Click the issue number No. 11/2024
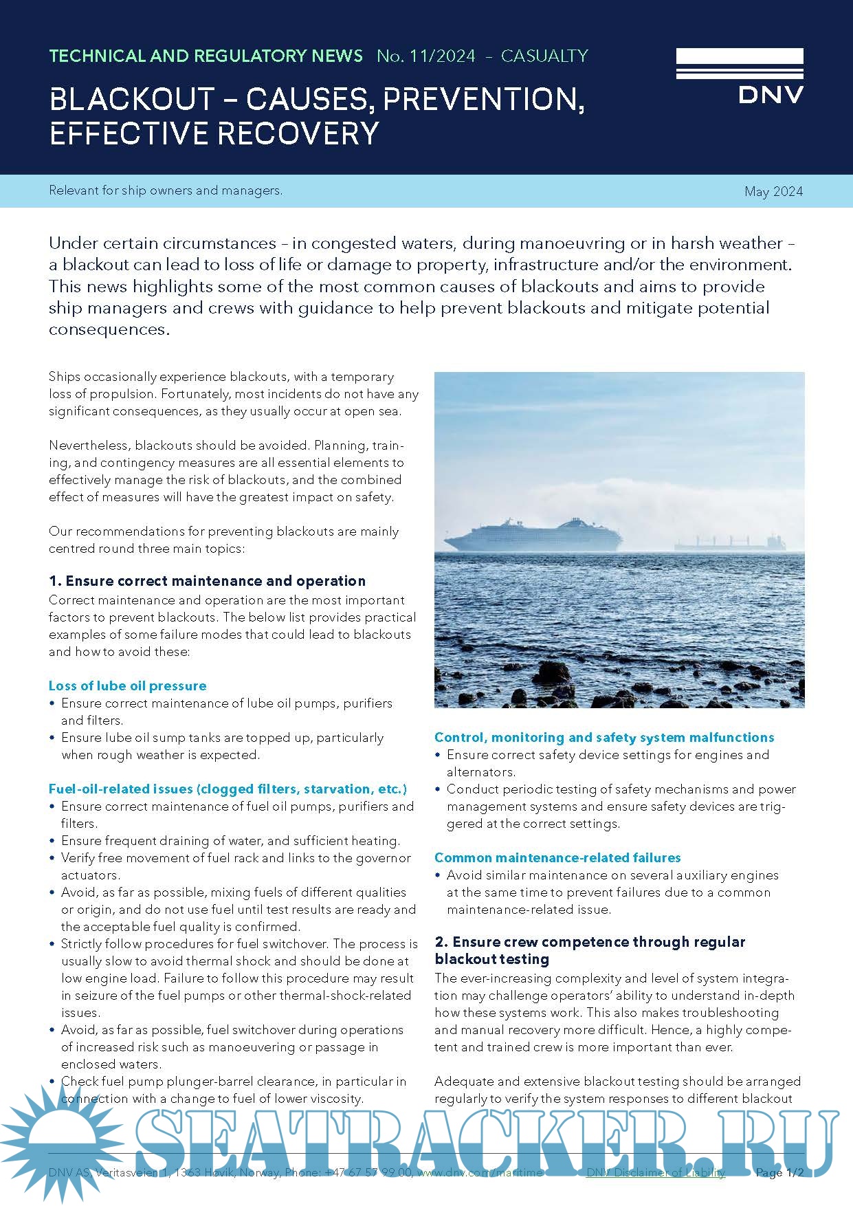coord(425,56)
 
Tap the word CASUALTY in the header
coord(544,56)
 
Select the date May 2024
coord(773,192)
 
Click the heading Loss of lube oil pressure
coord(127,686)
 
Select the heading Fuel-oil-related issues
coord(228,789)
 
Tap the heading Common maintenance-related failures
coord(557,857)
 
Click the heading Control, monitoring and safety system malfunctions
coord(604,737)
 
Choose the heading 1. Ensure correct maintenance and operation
coord(207,581)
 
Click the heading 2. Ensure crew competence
coord(590,942)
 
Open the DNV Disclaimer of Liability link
coord(655,1172)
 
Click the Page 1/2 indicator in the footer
coord(779,1172)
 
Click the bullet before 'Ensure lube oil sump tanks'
coord(52,738)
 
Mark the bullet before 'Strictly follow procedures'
coord(52,944)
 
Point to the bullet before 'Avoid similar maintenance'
coord(438,875)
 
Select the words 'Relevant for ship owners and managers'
coord(166,190)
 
